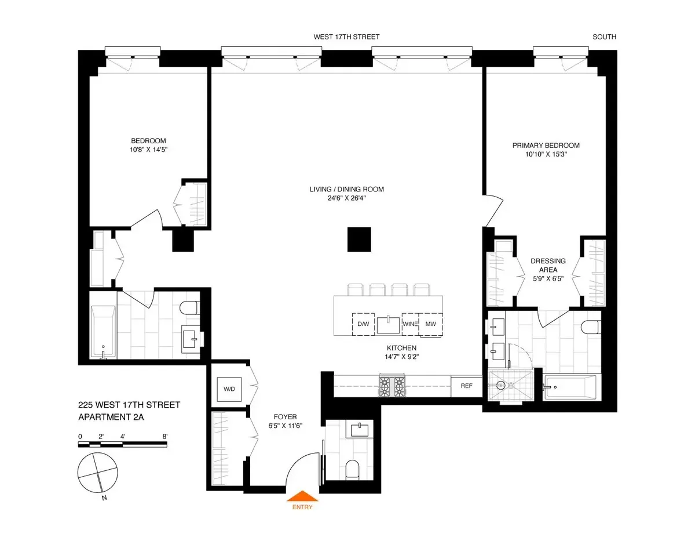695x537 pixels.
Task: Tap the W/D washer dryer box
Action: [x=226, y=388]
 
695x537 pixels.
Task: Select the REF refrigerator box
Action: [x=466, y=386]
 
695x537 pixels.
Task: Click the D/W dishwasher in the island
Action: [x=363, y=324]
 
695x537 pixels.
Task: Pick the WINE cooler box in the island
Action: [x=410, y=324]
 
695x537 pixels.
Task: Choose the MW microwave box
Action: [x=430, y=324]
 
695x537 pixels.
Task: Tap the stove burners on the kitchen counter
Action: [x=392, y=386]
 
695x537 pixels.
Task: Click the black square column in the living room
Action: [x=359, y=240]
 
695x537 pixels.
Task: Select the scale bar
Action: [x=123, y=445]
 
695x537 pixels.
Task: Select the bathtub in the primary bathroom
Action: [x=570, y=387]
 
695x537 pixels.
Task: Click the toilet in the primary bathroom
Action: [x=590, y=326]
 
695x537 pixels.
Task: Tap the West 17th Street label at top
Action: [x=346, y=37]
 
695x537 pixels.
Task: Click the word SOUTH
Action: [x=604, y=37]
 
